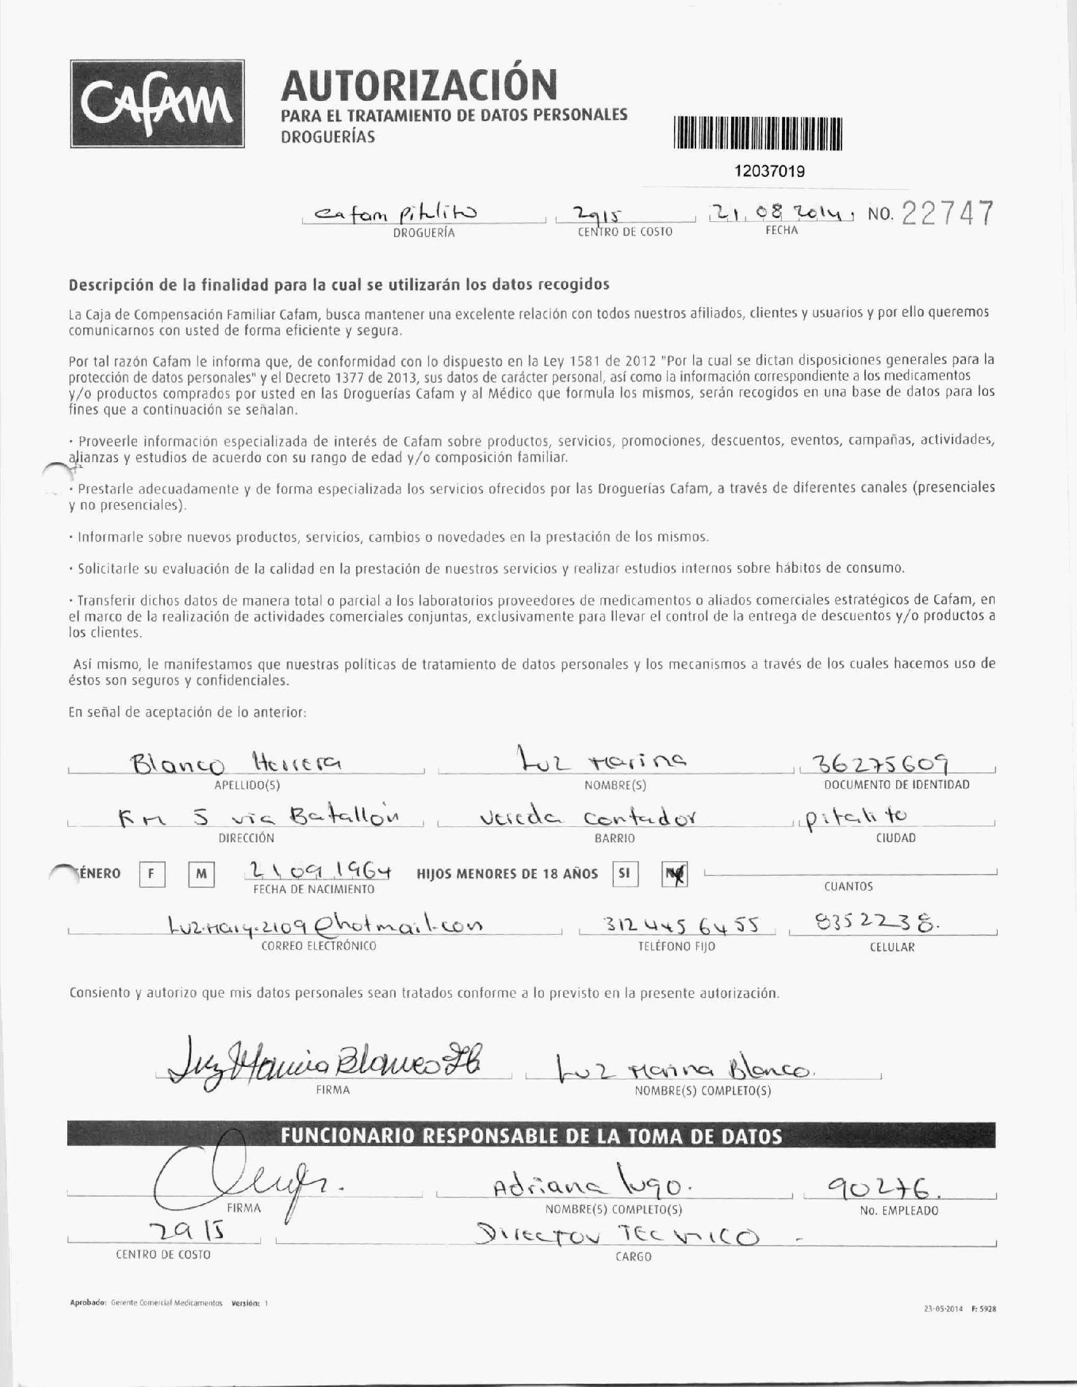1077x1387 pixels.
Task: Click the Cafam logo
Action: pyautogui.click(x=157, y=104)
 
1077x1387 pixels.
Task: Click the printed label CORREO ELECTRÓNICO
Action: pyautogui.click(x=319, y=946)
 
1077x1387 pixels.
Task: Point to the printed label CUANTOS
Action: pyautogui.click(x=848, y=886)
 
